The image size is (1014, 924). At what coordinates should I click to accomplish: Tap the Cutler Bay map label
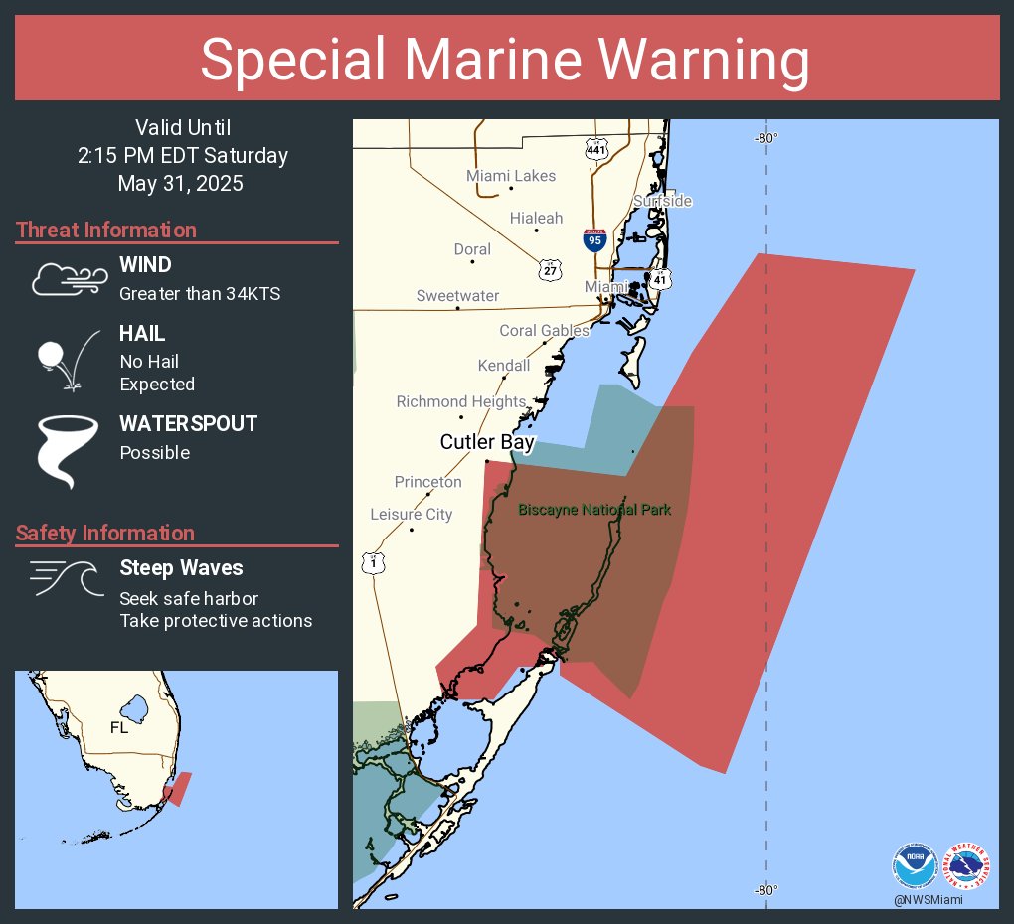[x=487, y=442]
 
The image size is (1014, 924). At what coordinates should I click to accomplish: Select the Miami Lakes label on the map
[x=511, y=176]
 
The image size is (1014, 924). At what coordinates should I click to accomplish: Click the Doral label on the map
[x=472, y=249]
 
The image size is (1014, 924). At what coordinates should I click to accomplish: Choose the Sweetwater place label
[x=457, y=296]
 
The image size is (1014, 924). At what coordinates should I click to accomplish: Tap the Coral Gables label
[x=544, y=331]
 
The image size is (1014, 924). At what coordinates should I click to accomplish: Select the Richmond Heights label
[x=460, y=401]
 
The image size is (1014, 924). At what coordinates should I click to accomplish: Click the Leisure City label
[x=411, y=514]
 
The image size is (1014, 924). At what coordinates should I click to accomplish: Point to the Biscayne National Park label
[x=594, y=510]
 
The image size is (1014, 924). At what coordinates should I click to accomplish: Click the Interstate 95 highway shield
[x=593, y=239]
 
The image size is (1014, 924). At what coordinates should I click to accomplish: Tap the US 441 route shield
[x=596, y=151]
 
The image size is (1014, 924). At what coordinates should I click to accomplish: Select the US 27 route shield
[x=552, y=269]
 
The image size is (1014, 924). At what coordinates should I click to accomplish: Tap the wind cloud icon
[x=68, y=281]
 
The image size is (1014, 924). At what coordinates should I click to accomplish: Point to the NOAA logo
[x=914, y=866]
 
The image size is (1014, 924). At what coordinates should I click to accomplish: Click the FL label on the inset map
[x=119, y=728]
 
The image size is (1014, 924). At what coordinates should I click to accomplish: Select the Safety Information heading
[x=105, y=534]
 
